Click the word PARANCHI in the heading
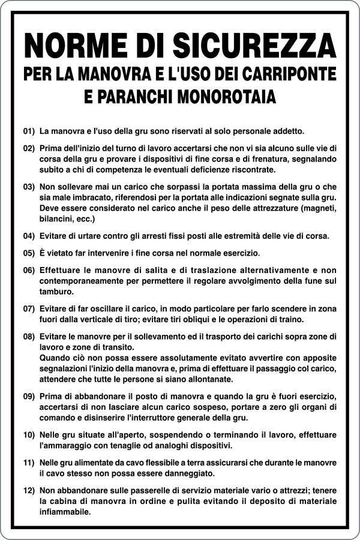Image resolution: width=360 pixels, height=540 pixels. (127, 95)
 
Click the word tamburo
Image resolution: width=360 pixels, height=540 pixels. (56, 292)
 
